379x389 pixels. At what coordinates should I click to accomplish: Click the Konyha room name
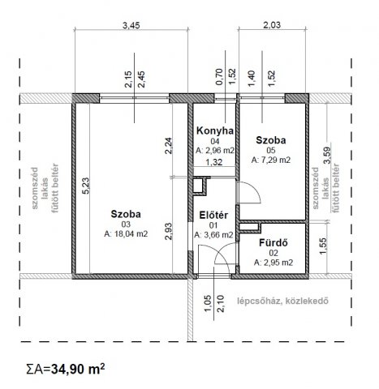coord(214,130)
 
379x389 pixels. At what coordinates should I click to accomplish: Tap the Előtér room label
coord(213,215)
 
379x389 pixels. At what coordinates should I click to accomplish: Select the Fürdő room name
coord(268,242)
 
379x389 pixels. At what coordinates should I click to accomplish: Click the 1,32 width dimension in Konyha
coord(213,162)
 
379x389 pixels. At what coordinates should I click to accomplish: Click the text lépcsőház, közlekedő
coord(282,305)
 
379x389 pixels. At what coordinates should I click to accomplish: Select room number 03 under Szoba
coord(127,224)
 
